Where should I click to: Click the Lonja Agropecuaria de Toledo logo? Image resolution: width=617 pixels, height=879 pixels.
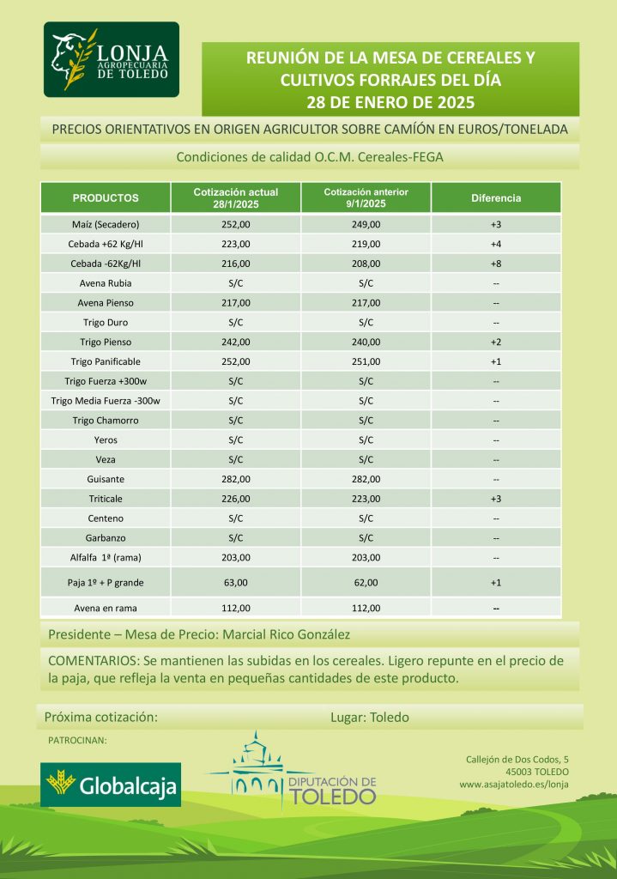click(112, 60)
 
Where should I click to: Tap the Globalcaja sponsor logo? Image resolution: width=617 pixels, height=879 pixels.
click(111, 785)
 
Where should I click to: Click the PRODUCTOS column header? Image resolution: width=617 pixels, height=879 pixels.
click(106, 198)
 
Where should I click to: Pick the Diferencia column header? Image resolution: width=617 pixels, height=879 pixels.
click(496, 198)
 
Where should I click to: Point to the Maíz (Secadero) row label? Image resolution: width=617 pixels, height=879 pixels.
click(106, 225)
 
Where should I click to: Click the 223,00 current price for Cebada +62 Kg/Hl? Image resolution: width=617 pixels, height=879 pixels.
click(236, 244)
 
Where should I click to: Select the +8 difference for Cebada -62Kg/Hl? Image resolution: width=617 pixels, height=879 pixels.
click(496, 264)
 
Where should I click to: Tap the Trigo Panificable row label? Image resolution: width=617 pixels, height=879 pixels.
click(106, 361)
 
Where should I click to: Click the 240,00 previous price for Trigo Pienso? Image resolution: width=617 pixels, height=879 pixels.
click(366, 342)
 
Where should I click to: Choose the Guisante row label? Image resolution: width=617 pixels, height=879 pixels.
click(106, 479)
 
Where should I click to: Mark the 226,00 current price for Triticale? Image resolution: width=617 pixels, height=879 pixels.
click(236, 499)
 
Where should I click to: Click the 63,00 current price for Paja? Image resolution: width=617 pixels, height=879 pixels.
click(236, 583)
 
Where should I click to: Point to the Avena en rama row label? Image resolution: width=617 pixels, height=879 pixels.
click(106, 609)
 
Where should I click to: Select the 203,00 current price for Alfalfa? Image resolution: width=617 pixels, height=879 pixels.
click(236, 557)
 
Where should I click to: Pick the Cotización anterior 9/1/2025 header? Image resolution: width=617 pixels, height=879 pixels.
click(366, 197)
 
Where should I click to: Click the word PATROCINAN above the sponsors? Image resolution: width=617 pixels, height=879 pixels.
click(77, 739)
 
